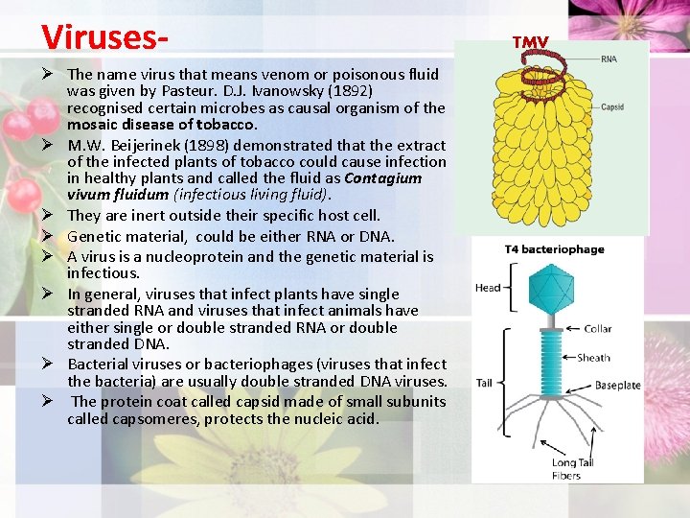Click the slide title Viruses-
click(105, 35)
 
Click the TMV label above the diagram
click(530, 42)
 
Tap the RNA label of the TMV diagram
click(609, 59)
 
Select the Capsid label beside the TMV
click(612, 107)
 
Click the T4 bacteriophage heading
click(555, 249)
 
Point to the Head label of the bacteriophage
click(488, 287)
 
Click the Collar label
click(597, 329)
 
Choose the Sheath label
click(593, 358)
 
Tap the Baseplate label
click(617, 386)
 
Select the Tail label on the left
click(484, 383)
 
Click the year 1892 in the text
click(351, 91)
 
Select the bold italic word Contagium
click(383, 178)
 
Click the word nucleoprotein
click(192, 256)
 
